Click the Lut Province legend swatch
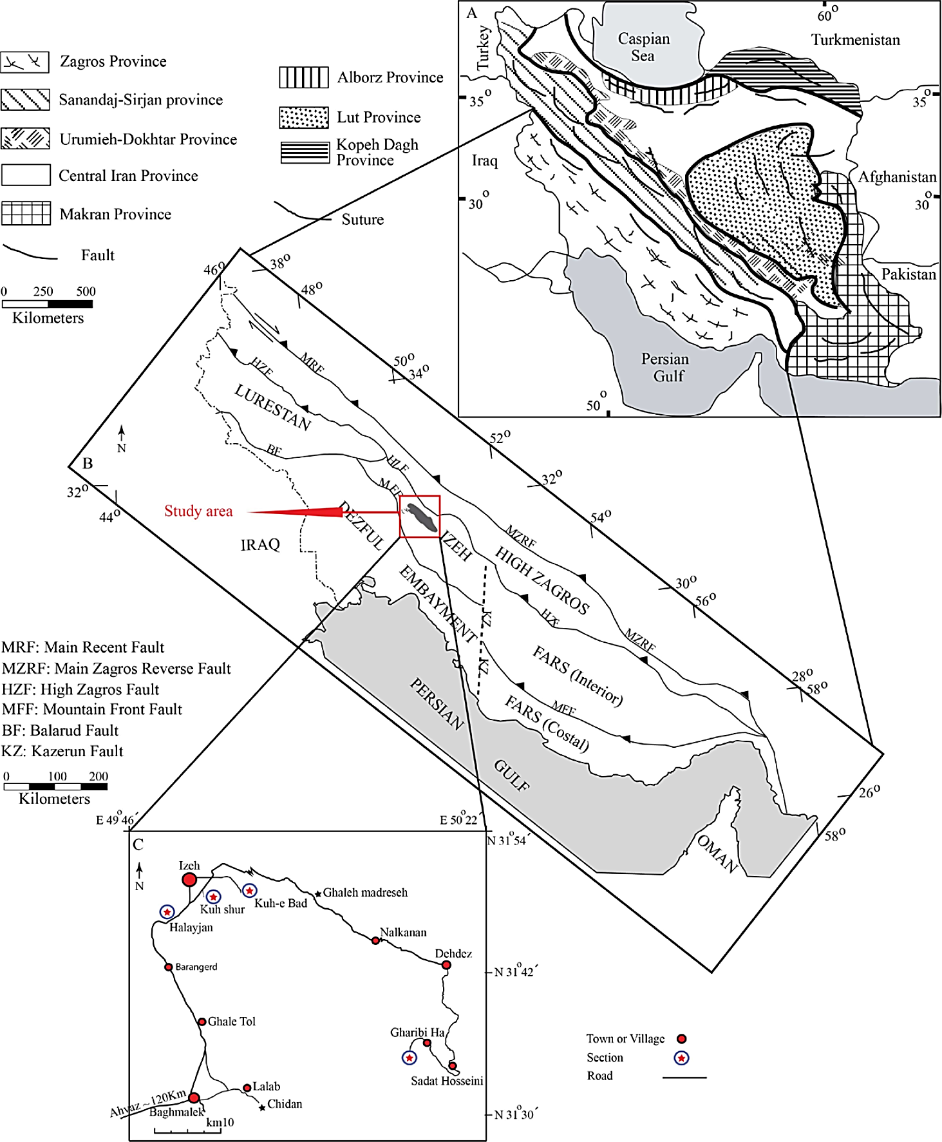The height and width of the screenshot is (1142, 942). [304, 117]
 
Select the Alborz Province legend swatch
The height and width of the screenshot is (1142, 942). [304, 77]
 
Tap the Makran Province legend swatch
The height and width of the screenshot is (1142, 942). [26, 213]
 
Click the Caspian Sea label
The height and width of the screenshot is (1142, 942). [644, 47]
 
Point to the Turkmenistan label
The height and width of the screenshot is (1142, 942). [855, 40]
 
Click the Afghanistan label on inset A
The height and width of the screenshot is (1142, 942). [897, 177]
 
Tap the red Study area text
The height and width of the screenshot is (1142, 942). [198, 511]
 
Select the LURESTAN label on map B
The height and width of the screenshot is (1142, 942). [273, 407]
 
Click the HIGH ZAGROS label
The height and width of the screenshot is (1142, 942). [542, 580]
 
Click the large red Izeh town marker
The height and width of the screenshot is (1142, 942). [189, 879]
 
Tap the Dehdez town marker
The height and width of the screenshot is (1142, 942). [446, 965]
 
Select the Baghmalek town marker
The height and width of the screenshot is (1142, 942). [194, 1098]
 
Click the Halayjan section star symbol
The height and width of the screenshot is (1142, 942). [167, 911]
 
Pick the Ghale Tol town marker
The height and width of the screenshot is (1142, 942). [202, 1022]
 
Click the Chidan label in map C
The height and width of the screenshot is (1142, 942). [285, 1104]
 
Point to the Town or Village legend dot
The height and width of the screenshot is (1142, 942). [681, 1038]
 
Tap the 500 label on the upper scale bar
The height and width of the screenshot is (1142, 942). [86, 291]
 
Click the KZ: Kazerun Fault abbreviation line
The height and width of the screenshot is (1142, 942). [62, 751]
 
